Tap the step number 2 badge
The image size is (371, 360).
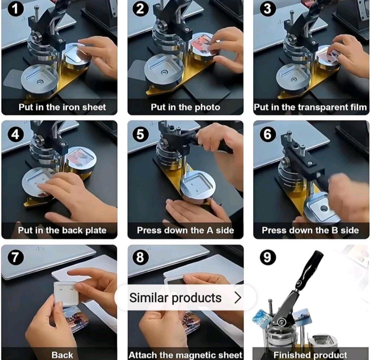click(x=140, y=9)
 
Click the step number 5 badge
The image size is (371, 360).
click(x=140, y=134)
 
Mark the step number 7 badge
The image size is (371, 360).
click(x=14, y=257)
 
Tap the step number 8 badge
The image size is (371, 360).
click(x=140, y=257)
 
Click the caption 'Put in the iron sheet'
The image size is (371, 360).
click(x=62, y=107)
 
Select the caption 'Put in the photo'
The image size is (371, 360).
click(x=185, y=107)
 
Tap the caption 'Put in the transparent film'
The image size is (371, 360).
click(x=311, y=107)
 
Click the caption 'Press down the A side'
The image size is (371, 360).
click(x=185, y=230)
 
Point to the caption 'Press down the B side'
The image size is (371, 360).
click(x=311, y=230)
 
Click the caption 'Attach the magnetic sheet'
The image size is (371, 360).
click(x=185, y=355)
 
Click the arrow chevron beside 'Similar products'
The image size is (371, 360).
click(x=238, y=297)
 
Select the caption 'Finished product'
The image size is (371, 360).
click(x=311, y=355)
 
